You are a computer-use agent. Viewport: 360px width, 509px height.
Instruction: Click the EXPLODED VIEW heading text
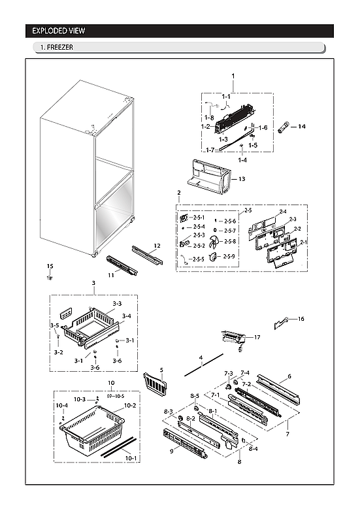point(59,31)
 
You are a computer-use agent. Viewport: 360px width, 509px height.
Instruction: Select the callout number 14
point(302,126)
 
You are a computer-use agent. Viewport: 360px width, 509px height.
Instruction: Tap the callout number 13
point(241,178)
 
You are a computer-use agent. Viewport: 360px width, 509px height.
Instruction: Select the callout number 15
point(49,266)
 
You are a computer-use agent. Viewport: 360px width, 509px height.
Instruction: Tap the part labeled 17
point(233,338)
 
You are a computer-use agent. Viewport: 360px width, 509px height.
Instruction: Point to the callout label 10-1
point(131,459)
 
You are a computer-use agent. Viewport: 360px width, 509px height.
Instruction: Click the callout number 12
point(156,246)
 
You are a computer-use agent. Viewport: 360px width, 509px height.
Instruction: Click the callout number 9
point(172,450)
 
